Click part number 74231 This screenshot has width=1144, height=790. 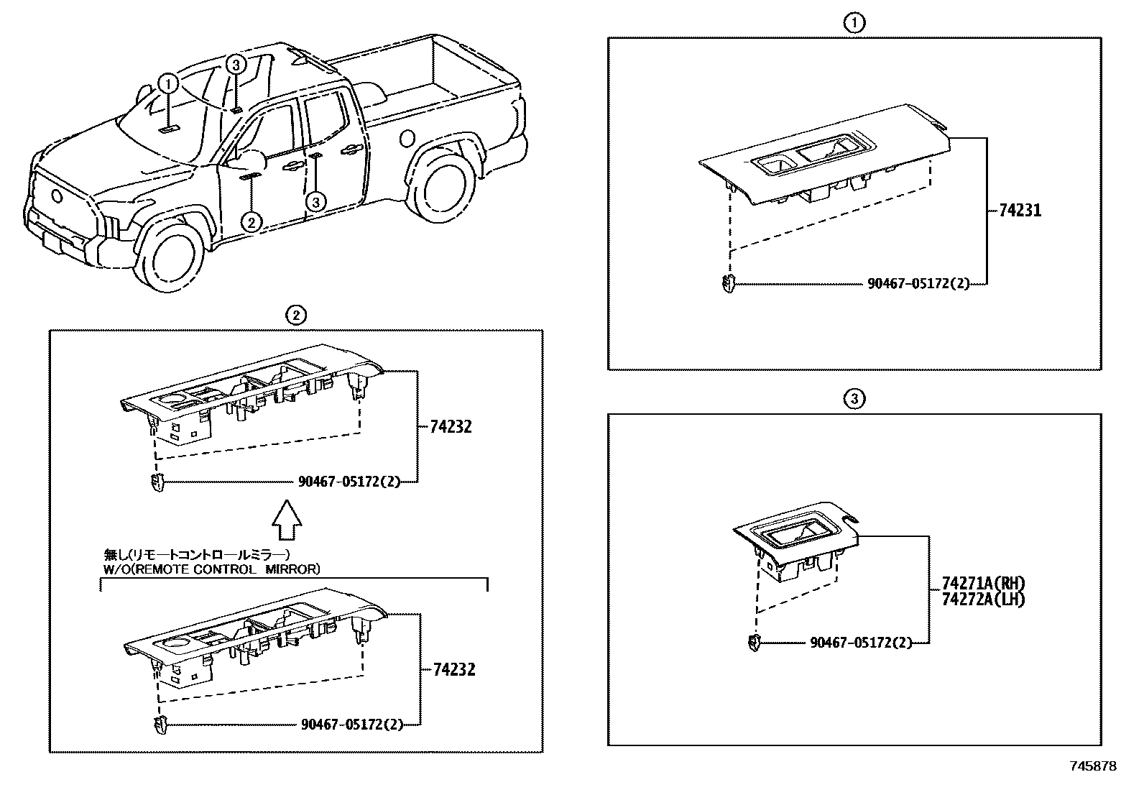pyautogui.click(x=1020, y=211)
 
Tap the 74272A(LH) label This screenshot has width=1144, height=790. pyautogui.click(x=983, y=600)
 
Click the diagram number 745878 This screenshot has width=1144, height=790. pyautogui.click(x=1092, y=767)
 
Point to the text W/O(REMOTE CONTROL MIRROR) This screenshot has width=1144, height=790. pyautogui.click(x=212, y=569)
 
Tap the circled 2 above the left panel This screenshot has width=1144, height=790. pyautogui.click(x=295, y=314)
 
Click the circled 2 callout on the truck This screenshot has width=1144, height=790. pyautogui.click(x=250, y=222)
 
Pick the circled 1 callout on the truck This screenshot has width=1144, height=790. pyautogui.click(x=167, y=84)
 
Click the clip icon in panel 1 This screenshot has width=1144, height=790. pyautogui.click(x=729, y=284)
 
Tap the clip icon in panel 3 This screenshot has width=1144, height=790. pyautogui.click(x=753, y=643)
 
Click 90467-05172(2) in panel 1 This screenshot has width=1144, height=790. pyautogui.click(x=918, y=284)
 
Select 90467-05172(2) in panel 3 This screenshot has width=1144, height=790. pyautogui.click(x=860, y=643)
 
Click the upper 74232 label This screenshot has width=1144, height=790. pyautogui.click(x=451, y=426)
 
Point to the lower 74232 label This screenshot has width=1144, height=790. pyautogui.click(x=454, y=669)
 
